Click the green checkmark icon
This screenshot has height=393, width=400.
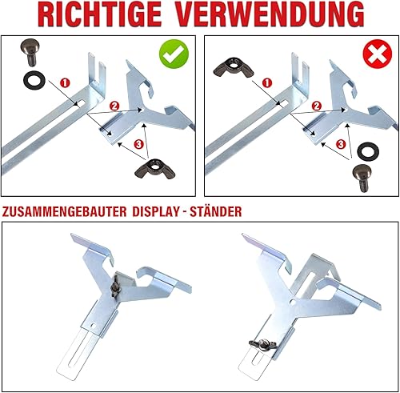pyautogui.click(x=174, y=54)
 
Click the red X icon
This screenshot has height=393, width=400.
pyautogui.click(x=378, y=54)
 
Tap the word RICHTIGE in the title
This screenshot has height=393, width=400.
pyautogui.click(x=100, y=14)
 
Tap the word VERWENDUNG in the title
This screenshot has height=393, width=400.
pyautogui.click(x=270, y=14)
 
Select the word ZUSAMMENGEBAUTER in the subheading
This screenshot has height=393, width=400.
pyautogui.click(x=64, y=211)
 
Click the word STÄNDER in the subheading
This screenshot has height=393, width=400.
pyautogui.click(x=215, y=211)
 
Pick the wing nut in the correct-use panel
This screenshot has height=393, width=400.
pyautogui.click(x=155, y=169)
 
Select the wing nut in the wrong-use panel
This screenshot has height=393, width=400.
pyautogui.click(x=233, y=66)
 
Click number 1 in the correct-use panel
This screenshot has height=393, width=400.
pyautogui.click(x=65, y=83)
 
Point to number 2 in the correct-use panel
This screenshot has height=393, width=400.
pyautogui.click(x=114, y=106)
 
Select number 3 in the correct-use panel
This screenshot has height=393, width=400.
pyautogui.click(x=138, y=145)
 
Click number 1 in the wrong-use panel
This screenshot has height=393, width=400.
pyautogui.click(x=267, y=83)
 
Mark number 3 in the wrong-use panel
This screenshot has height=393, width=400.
pyautogui.click(x=341, y=145)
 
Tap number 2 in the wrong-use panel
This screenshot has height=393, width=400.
pyautogui.click(x=317, y=106)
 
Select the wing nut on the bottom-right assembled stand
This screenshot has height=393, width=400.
pyautogui.click(x=261, y=343)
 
